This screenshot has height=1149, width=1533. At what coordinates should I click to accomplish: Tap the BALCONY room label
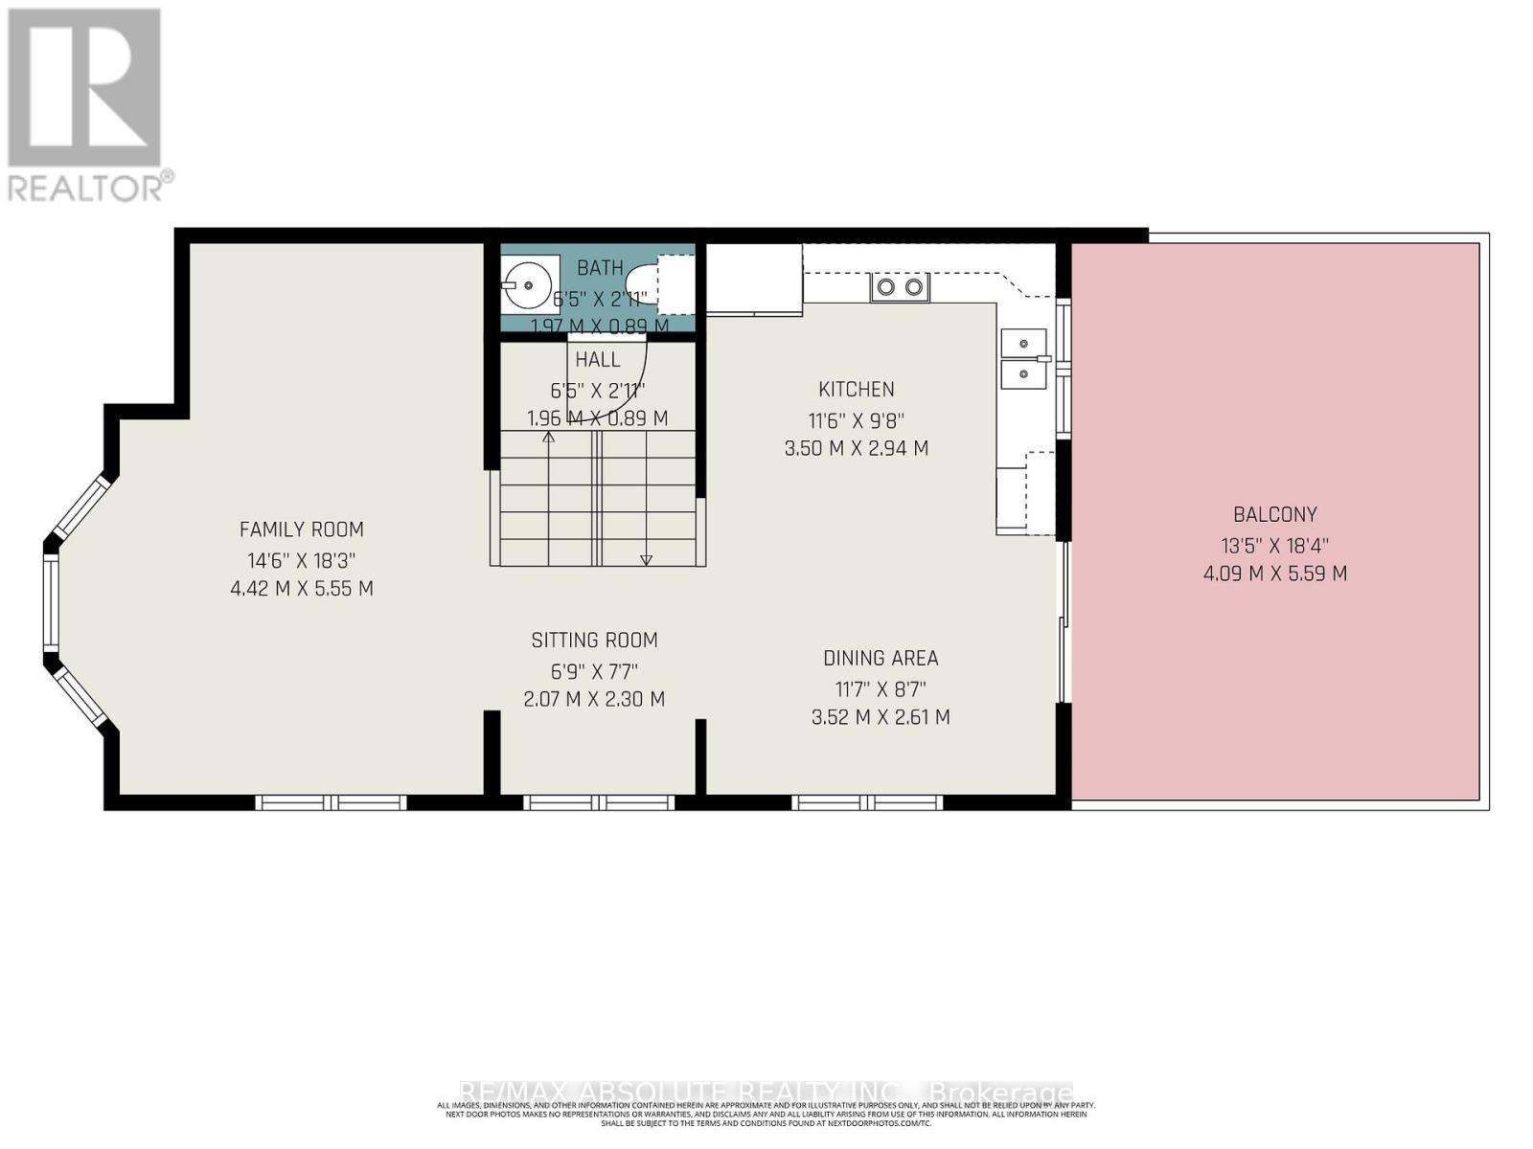1274,515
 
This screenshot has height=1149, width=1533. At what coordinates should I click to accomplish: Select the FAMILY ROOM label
301,529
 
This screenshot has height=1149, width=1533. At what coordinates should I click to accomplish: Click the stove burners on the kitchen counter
900,286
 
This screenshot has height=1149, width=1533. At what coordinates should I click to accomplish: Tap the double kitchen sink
1023,357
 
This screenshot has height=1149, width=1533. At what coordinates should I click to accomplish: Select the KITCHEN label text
857,390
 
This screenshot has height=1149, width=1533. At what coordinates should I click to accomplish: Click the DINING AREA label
881,659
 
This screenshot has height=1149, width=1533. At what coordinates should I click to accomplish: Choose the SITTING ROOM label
594,641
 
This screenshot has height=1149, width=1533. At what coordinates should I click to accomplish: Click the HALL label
598,360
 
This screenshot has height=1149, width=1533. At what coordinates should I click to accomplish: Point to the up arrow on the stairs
549,439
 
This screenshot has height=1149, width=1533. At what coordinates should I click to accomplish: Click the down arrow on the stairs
646,559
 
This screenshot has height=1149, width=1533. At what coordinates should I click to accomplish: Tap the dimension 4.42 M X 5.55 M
302,589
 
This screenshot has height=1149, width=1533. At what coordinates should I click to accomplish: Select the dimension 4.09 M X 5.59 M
1274,574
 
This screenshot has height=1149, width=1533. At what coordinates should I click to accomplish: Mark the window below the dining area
868,802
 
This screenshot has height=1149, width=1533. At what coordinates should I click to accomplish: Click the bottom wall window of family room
331,802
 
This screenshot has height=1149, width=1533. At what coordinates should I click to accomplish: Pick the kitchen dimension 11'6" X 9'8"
857,419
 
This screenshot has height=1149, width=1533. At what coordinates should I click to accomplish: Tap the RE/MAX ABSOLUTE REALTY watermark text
766,1093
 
